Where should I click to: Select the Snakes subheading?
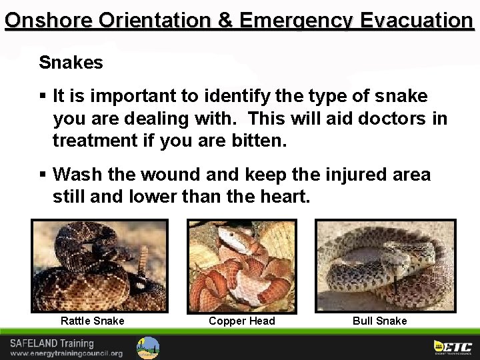click(x=71, y=63)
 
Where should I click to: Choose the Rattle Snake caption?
click(x=92, y=321)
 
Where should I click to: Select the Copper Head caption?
click(x=241, y=321)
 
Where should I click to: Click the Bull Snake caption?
click(x=379, y=321)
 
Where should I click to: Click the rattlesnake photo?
click(x=99, y=265)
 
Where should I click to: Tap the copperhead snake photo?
click(x=241, y=265)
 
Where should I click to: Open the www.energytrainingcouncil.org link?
click(x=66, y=353)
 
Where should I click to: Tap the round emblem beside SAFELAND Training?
click(x=148, y=347)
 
